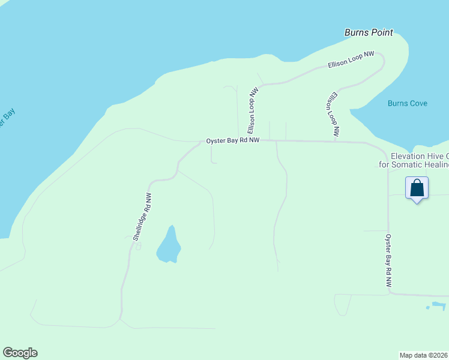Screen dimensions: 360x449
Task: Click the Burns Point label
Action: click(x=369, y=32)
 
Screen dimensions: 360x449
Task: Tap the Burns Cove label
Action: click(x=407, y=103)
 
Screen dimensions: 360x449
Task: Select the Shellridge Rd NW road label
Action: click(x=142, y=217)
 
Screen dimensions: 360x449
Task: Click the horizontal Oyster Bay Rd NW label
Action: click(x=233, y=140)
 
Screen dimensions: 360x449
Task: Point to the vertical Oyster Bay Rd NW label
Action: click(x=388, y=263)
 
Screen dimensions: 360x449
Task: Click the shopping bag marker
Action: click(x=417, y=188)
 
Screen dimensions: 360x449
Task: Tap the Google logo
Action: click(x=20, y=352)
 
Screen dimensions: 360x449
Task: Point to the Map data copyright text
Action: click(x=423, y=355)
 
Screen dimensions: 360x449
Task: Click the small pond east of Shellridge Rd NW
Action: click(x=168, y=246)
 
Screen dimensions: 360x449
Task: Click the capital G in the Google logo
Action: click(x=7, y=352)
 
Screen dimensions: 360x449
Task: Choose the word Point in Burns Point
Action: click(x=381, y=32)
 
